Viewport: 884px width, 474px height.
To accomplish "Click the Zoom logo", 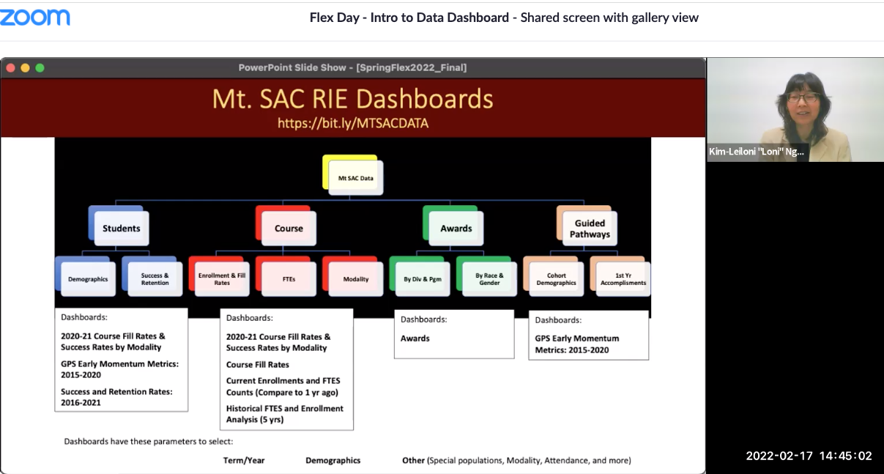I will (35, 17).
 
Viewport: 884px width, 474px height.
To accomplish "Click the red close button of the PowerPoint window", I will (11, 67).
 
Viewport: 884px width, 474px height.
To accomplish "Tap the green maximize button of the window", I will (40, 67).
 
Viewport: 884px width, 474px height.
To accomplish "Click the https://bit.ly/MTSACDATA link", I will (352, 123).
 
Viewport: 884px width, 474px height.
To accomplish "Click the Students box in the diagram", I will (121, 228).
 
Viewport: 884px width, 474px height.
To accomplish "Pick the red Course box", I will (289, 228).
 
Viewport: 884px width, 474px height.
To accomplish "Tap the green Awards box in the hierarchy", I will (456, 228).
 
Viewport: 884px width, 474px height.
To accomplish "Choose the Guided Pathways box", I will (590, 228).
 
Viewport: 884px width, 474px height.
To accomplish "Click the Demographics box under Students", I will (88, 279).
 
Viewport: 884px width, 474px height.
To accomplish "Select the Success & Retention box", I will (155, 279).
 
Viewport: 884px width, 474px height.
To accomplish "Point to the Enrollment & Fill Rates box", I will (222, 279).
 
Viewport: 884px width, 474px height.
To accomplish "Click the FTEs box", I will (289, 279).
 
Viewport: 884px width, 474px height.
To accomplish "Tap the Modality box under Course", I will (356, 279).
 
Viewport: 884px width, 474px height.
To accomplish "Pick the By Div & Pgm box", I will (423, 279).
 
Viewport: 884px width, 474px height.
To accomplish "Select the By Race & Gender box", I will (489, 279).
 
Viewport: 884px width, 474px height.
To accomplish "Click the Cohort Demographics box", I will (556, 279).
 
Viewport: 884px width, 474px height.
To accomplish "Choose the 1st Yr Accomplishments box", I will (623, 279).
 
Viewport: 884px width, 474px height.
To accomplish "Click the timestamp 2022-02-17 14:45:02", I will (809, 456).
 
